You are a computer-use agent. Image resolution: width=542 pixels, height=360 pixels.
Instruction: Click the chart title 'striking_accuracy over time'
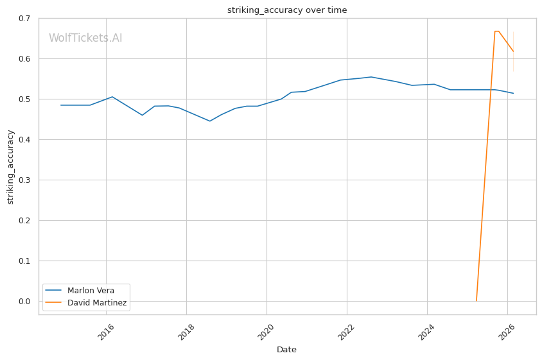(287, 10)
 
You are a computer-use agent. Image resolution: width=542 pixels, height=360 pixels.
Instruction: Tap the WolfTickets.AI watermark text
(85, 38)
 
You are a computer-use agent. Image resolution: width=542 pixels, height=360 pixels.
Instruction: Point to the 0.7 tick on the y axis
(24, 19)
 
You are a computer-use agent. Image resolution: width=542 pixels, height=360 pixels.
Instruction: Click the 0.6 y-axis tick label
(24, 59)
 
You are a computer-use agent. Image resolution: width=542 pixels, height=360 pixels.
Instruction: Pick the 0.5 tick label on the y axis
(24, 99)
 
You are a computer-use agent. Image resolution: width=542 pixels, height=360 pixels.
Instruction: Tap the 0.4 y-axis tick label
(24, 140)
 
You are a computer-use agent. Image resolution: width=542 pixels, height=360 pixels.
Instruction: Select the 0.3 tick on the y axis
(24, 180)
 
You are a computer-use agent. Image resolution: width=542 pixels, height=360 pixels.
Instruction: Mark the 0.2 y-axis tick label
(24, 220)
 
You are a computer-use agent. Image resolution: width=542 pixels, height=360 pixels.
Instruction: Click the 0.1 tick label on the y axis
(24, 261)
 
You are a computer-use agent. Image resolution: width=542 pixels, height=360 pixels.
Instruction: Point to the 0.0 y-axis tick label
(24, 301)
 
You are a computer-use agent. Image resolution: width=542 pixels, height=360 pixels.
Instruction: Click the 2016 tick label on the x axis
(105, 332)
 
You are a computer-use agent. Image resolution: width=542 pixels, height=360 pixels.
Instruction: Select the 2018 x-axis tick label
(186, 332)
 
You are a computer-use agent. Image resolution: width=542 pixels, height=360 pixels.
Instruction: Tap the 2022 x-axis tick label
(346, 332)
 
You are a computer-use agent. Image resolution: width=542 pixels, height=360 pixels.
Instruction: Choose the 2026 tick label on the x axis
(507, 332)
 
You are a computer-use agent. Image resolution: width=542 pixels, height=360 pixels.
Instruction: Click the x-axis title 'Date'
(286, 350)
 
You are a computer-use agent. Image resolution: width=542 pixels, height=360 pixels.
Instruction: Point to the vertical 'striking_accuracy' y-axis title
(10, 167)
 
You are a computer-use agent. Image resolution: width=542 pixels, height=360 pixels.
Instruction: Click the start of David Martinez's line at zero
(476, 301)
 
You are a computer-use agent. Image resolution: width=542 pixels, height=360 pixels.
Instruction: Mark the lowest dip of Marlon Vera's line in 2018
(210, 121)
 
